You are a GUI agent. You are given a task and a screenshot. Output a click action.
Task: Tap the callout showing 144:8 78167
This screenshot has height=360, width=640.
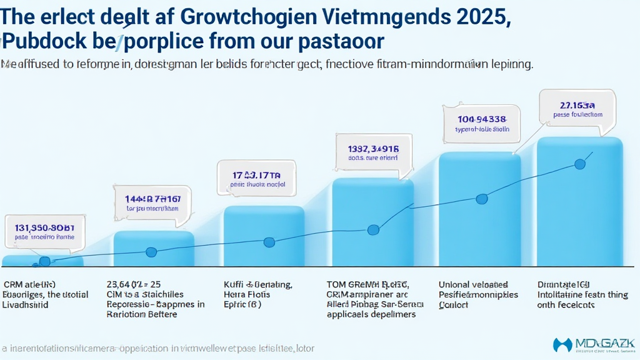[x=154, y=202]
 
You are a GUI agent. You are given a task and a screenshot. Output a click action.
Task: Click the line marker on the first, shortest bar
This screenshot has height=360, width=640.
[x=44, y=261]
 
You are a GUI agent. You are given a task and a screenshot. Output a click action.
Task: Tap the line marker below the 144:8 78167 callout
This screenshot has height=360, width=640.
[x=151, y=252]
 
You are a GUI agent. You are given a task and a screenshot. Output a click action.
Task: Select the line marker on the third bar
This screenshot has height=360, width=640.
[x=269, y=242]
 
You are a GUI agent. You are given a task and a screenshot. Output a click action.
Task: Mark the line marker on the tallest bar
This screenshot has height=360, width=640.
[x=579, y=164]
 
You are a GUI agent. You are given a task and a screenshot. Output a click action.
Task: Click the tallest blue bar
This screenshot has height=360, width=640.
[x=580, y=212]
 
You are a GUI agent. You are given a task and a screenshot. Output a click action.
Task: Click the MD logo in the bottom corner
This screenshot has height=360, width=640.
[x=593, y=344]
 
